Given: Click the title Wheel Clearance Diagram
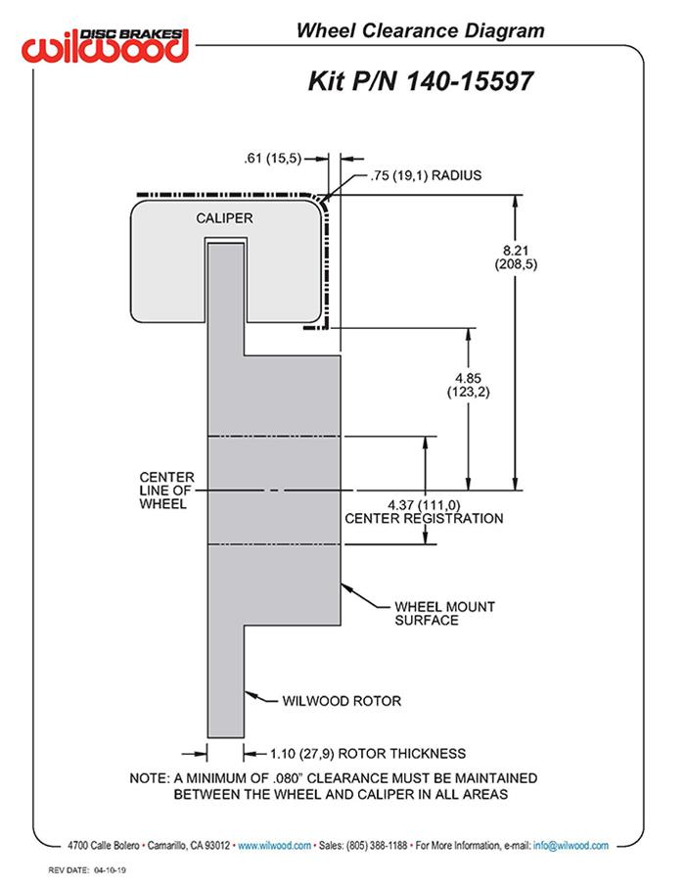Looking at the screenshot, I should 420,31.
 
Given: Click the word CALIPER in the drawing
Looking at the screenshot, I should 225,217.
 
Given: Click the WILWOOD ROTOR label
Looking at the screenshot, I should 342,700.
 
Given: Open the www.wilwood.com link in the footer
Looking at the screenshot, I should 275,845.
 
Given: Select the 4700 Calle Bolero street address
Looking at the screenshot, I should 104,845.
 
